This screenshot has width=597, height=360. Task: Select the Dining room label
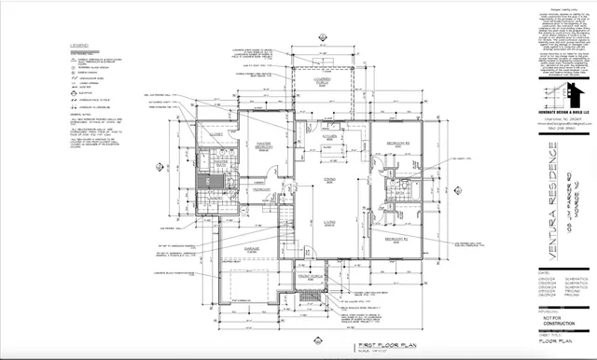pyautogui.click(x=328, y=180)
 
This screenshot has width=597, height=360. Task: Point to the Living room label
pyautogui.click(x=328, y=222)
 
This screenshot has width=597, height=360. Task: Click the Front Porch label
pyautogui.click(x=310, y=276)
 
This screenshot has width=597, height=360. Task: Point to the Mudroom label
pyautogui.click(x=261, y=189)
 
